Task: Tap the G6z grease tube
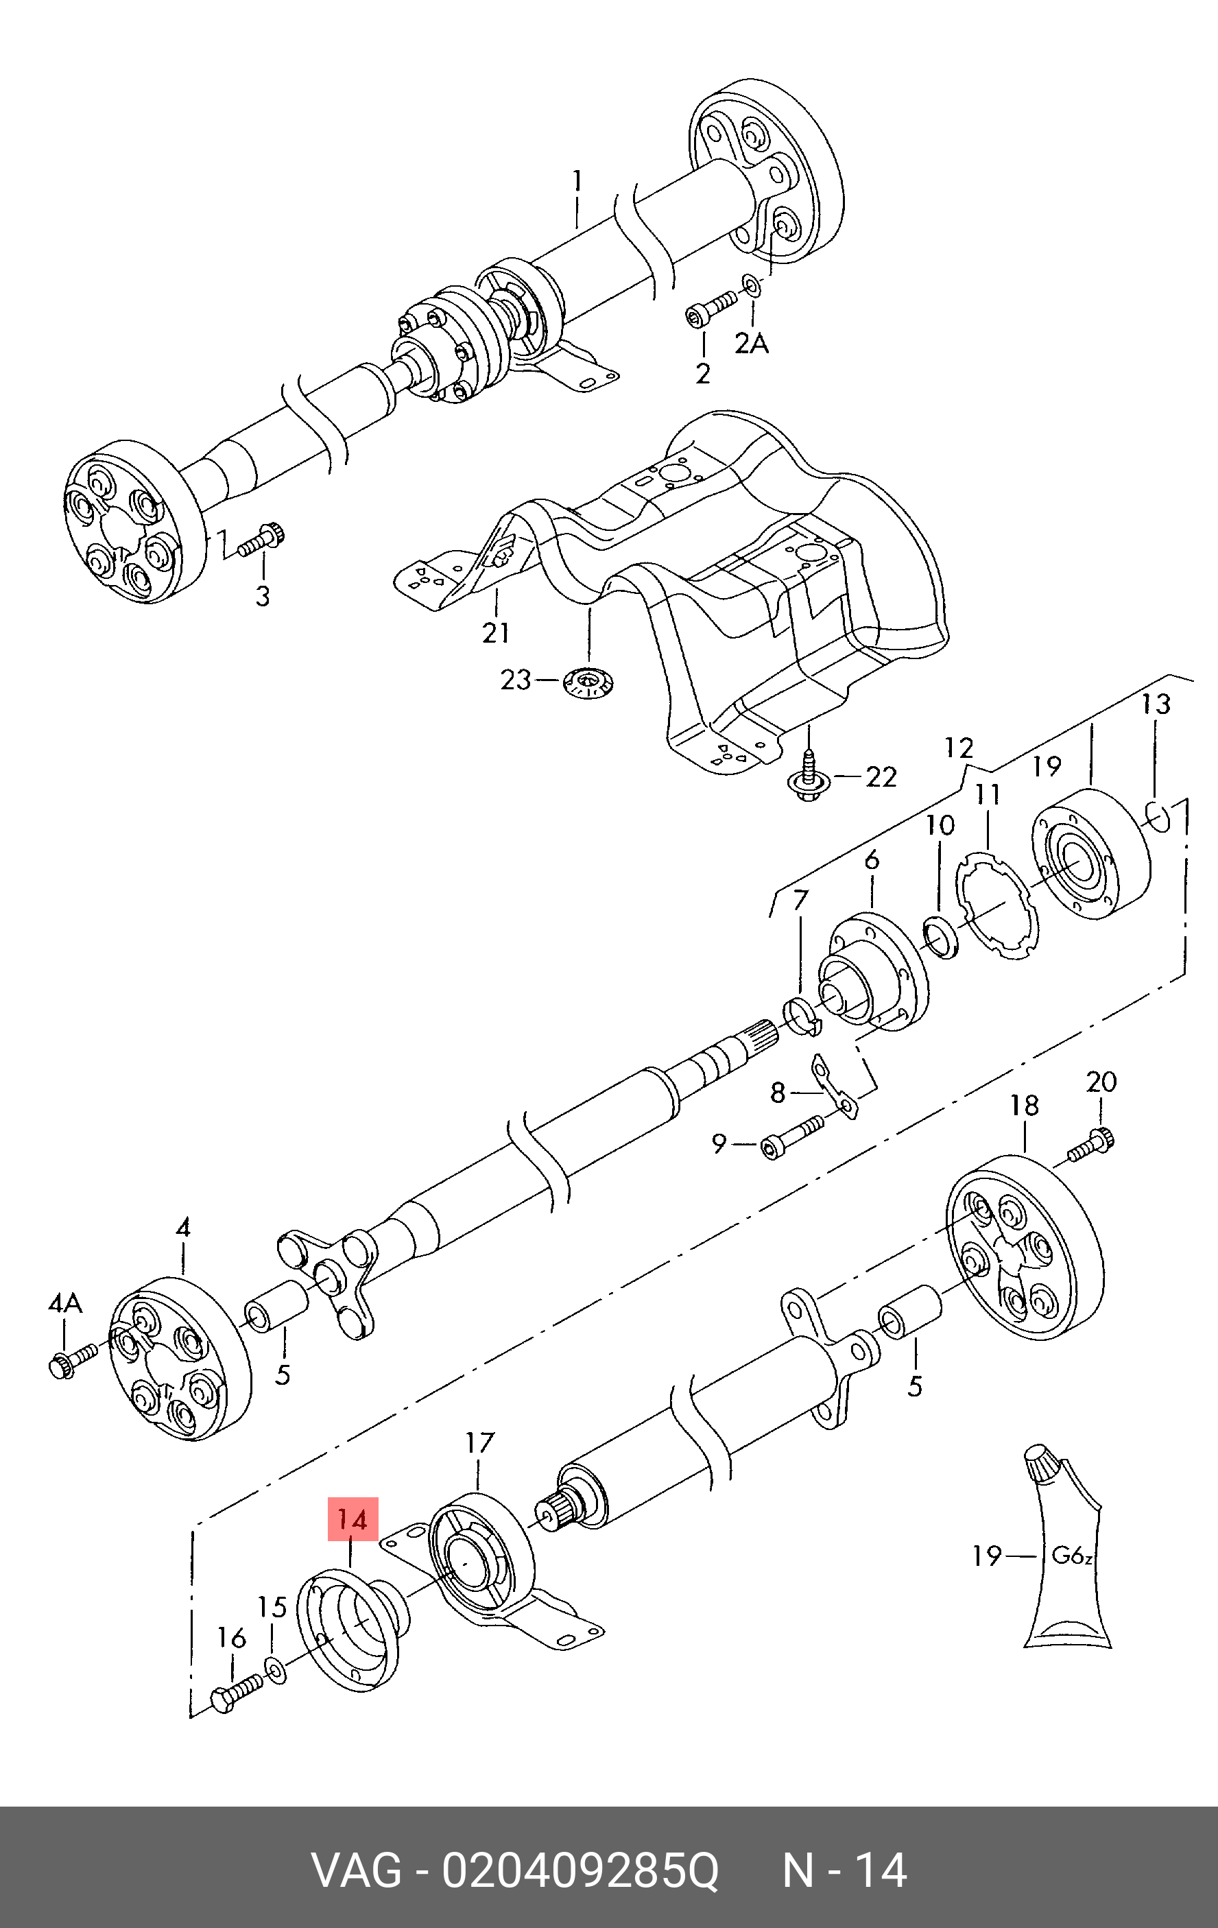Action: (x=1066, y=1555)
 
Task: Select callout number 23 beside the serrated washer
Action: (x=516, y=680)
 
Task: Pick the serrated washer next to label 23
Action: (x=588, y=683)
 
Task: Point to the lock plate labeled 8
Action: (x=835, y=1087)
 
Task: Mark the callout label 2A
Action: (x=751, y=344)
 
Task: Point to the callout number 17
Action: (x=479, y=1443)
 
